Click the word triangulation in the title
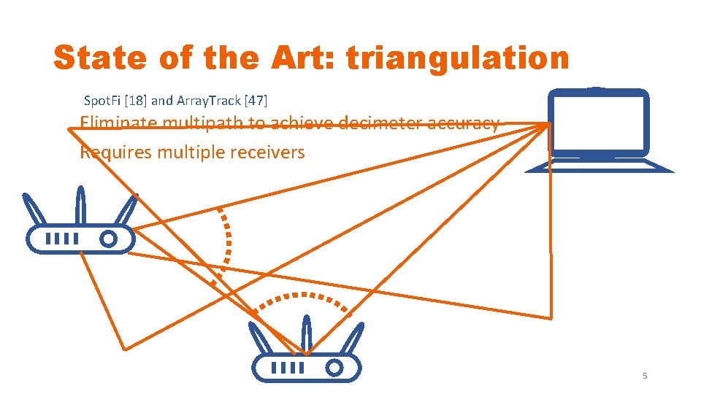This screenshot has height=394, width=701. click(457, 58)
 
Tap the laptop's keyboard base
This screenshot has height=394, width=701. click(599, 167)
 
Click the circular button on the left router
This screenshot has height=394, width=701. click(109, 239)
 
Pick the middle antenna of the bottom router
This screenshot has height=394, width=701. click(306, 336)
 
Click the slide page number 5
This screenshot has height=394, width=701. click(645, 376)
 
